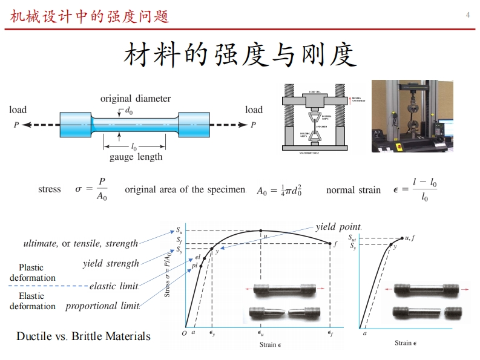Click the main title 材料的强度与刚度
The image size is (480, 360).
tap(240, 55)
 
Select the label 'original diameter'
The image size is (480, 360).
tap(136, 98)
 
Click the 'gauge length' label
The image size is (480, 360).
tap(136, 157)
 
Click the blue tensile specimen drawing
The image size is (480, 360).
tap(135, 125)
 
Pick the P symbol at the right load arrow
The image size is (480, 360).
tap(254, 125)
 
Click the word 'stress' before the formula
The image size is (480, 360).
tap(50, 189)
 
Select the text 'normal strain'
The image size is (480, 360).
tap(353, 190)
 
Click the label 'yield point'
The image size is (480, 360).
tap(338, 227)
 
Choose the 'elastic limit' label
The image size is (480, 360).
tap(114, 286)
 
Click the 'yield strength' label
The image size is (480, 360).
tap(111, 264)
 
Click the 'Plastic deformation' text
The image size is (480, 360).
tap(32, 272)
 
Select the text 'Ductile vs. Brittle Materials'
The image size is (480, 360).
tap(84, 336)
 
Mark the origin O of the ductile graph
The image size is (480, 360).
tap(184, 333)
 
